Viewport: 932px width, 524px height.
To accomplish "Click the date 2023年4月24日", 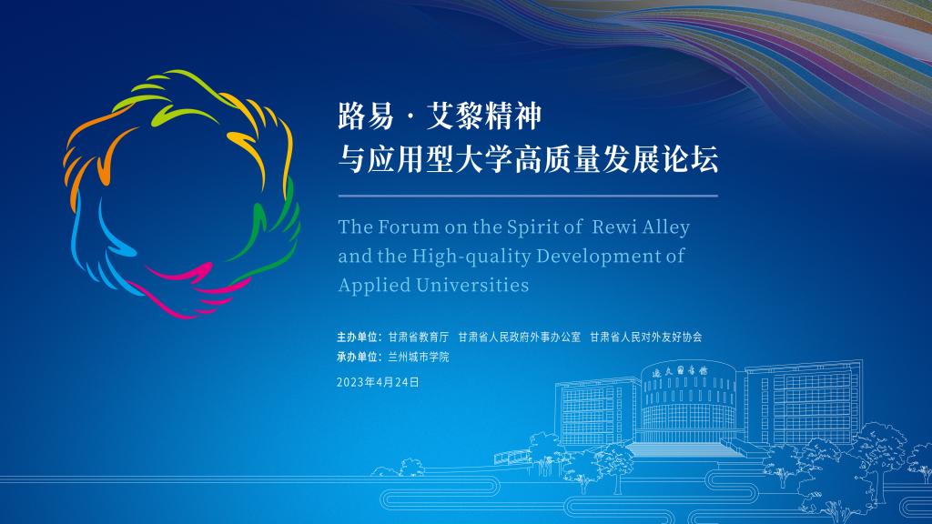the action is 378,382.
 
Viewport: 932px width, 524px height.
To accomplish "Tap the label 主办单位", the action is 357,337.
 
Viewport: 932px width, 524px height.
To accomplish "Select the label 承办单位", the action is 357,357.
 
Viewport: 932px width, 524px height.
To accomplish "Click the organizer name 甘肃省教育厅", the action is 419,337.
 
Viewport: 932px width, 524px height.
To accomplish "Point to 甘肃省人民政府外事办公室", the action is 520,337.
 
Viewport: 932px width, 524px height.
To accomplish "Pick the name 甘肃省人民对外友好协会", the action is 646,337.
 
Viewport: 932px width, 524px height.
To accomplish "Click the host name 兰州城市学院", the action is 419,357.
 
